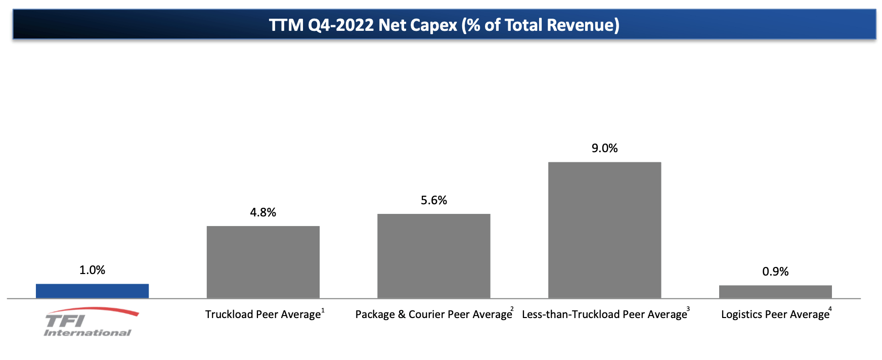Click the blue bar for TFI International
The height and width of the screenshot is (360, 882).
point(92,291)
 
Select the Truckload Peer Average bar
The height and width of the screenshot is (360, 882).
point(263,262)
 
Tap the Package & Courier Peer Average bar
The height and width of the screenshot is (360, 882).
point(433,256)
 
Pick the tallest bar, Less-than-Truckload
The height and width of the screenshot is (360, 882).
point(604,230)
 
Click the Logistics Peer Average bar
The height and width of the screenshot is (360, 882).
point(775,292)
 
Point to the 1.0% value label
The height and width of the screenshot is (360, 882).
point(92,270)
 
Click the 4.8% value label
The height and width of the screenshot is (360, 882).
point(263,212)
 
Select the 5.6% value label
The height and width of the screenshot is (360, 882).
point(433,200)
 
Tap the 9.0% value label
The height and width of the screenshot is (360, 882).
point(604,148)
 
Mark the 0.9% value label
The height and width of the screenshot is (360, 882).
point(775,272)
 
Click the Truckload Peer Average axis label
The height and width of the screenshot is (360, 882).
point(263,314)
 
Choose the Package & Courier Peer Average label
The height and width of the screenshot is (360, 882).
point(433,314)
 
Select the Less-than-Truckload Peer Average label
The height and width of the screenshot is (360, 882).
point(604,314)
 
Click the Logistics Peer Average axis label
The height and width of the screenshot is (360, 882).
point(775,314)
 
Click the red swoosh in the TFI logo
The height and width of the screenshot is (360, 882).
point(101,310)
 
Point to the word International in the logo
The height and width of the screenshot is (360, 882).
point(87,333)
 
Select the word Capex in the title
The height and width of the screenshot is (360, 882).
point(433,25)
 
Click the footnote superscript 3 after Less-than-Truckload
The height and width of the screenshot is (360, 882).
point(688,309)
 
